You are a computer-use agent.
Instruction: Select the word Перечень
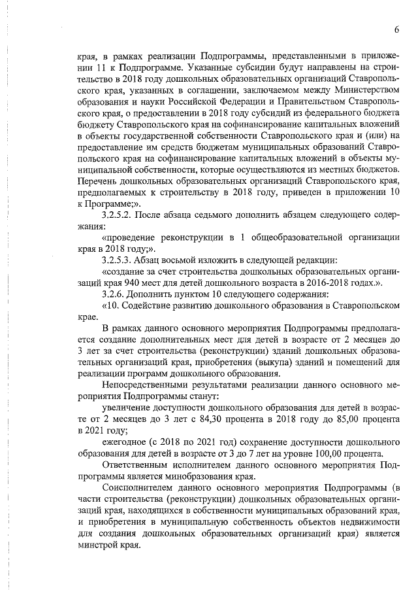coord(98,180)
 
